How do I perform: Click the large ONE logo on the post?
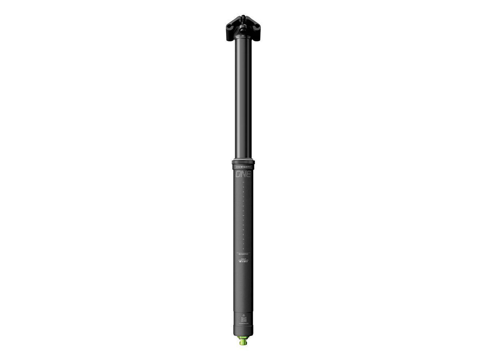243,175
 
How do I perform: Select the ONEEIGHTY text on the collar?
243,166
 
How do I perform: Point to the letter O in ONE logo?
239,175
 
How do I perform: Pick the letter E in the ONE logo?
248,175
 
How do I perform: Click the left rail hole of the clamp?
230,26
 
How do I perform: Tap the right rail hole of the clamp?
256,26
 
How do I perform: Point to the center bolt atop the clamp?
243,18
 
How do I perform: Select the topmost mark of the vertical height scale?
243,183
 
